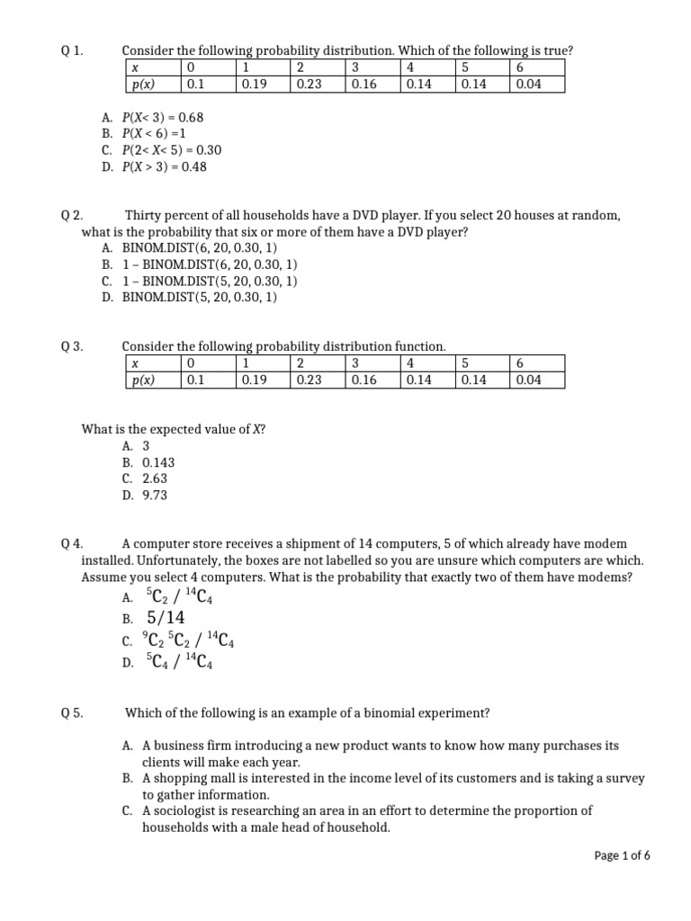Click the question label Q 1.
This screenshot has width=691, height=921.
[x=72, y=51]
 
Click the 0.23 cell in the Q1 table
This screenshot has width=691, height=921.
[x=310, y=85]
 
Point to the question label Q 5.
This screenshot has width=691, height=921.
[x=72, y=713]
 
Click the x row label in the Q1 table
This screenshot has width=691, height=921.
[x=135, y=67]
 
